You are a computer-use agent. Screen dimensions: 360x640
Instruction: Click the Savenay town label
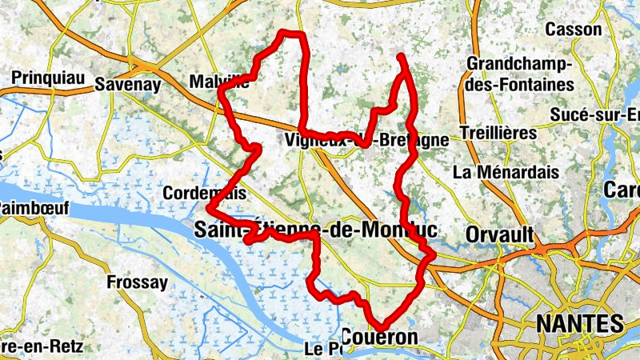tap(128, 85)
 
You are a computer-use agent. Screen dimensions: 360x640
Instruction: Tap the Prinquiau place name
tap(43, 78)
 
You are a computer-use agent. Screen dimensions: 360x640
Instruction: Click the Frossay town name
tap(138, 282)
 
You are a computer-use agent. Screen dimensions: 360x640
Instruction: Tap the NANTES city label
tap(578, 324)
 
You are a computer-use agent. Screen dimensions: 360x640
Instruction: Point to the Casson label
tap(573, 30)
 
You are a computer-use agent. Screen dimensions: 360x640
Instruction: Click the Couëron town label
tap(379, 338)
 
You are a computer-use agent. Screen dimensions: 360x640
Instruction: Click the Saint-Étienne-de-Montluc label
tap(315, 230)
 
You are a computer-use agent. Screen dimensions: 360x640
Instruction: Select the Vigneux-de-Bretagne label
tap(366, 140)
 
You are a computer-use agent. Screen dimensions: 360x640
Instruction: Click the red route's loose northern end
tap(399, 55)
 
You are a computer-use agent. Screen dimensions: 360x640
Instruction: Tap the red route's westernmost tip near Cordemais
tap(208, 210)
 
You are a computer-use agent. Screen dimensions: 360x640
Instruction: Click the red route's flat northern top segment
tap(292, 34)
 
